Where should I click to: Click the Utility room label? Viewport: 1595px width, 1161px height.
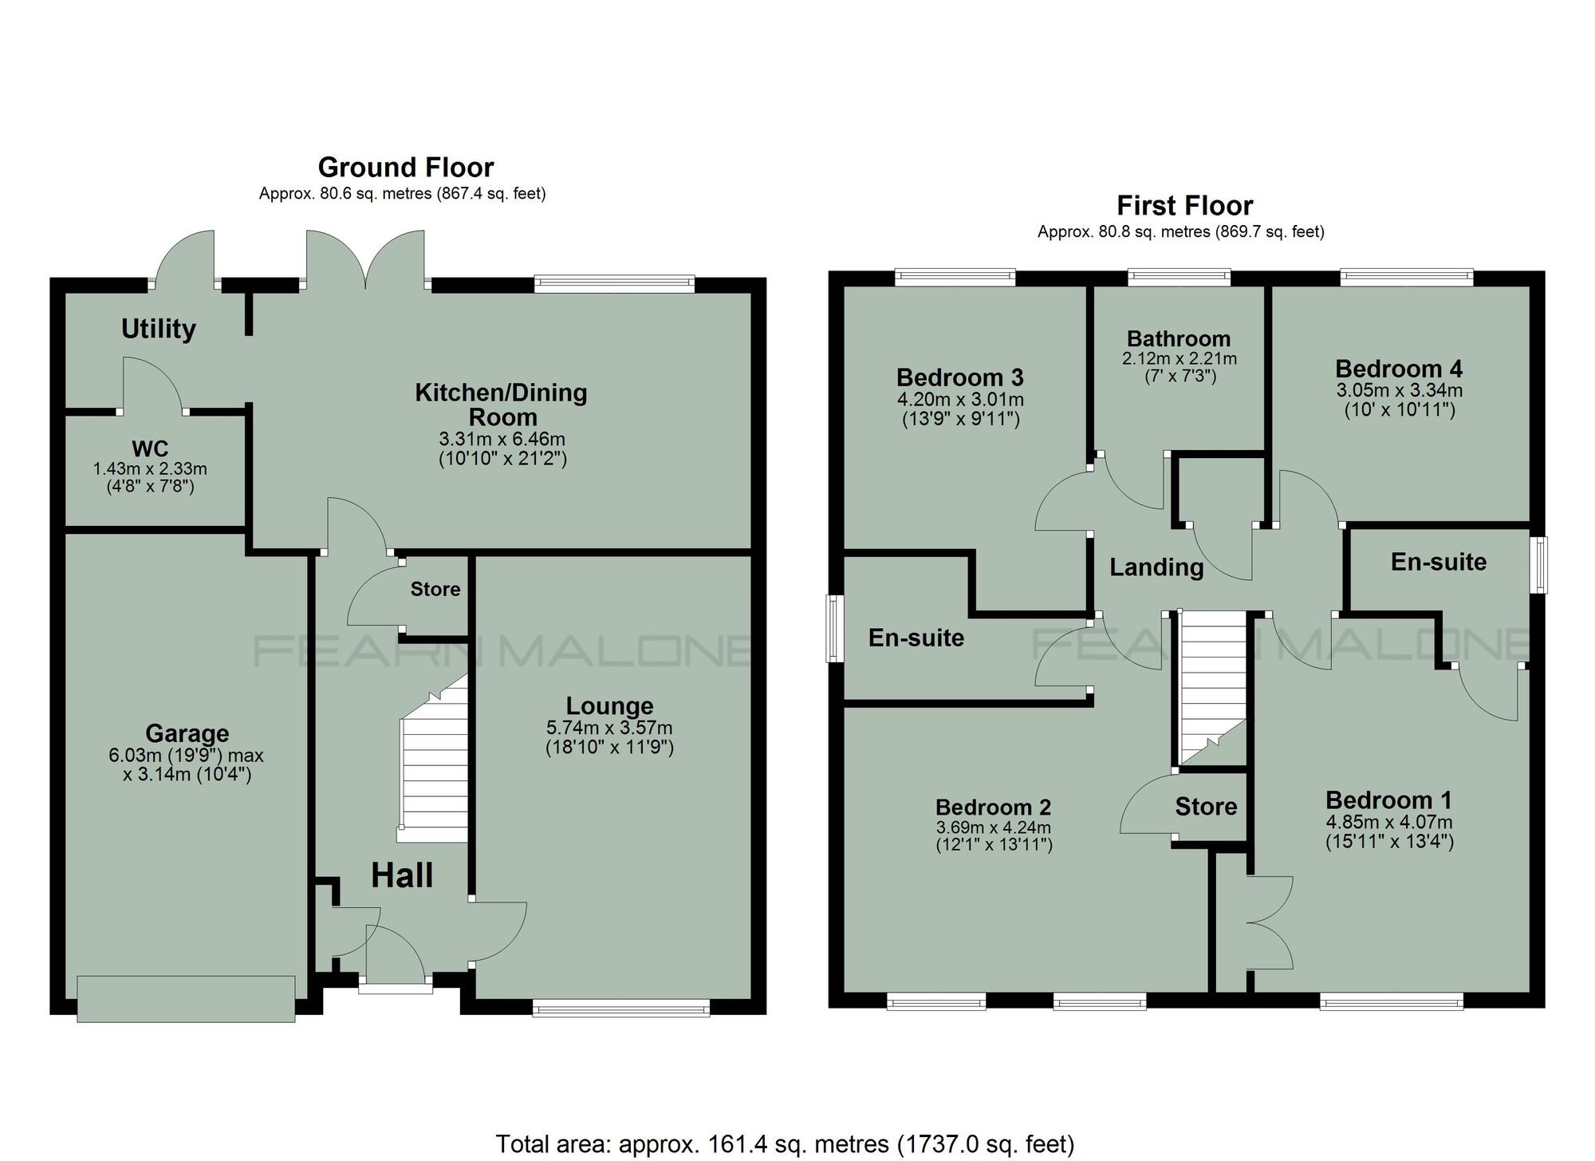coord(158,329)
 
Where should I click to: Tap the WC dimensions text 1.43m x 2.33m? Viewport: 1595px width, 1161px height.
coord(150,469)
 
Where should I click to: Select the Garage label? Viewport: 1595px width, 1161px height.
coord(187,733)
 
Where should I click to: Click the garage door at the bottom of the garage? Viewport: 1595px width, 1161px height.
coord(186,997)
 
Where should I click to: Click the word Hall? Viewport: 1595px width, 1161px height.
coord(402,876)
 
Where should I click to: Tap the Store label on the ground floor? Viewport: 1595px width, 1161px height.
coord(435,589)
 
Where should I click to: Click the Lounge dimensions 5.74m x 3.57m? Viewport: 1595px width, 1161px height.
coord(609,728)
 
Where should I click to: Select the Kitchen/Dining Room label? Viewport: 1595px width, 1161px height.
coord(502,405)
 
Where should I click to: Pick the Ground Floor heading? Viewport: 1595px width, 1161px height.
coord(405,168)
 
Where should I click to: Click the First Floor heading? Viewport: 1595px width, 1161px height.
coord(1184,206)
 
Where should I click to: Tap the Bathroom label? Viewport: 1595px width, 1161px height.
coord(1179,338)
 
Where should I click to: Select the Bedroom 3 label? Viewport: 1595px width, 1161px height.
coord(959,377)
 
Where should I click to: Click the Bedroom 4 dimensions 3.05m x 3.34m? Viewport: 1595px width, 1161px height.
coord(1399,390)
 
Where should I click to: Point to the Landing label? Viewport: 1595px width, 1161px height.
coord(1156,567)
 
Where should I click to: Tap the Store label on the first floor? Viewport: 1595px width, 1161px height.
coord(1206,807)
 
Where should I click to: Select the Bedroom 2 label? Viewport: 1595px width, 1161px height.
coord(993,808)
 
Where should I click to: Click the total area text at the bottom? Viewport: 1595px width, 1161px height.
coord(785,1143)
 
